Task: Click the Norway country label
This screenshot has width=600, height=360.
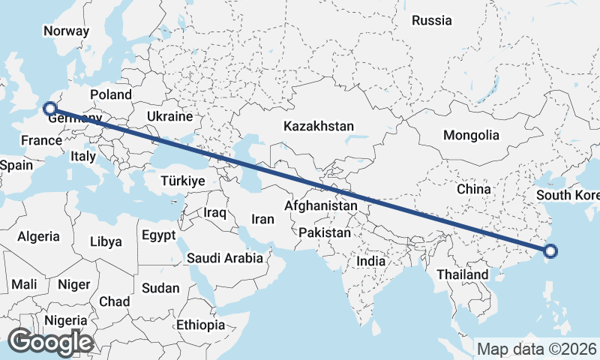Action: [x=66, y=31]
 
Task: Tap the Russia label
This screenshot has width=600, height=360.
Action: [x=432, y=20]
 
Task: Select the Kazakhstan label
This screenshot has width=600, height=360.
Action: [x=318, y=126]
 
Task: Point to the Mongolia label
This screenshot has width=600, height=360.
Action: [x=471, y=135]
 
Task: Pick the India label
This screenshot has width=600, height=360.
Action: [x=370, y=261]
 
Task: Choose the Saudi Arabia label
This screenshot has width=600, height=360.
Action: [x=225, y=258]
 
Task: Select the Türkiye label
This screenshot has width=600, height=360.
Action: [x=183, y=181]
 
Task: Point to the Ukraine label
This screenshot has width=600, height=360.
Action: [x=169, y=117]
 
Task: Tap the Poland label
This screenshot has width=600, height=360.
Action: [x=111, y=94]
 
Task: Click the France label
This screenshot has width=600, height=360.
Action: [x=41, y=140]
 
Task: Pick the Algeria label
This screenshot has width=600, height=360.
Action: [x=38, y=236]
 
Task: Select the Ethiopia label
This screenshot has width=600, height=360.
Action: [x=200, y=325]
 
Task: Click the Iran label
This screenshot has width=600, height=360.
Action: [x=262, y=219]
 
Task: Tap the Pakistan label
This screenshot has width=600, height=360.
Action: [x=324, y=233]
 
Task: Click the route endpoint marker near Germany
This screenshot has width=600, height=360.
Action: [x=51, y=109]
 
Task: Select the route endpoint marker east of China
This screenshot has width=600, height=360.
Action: [x=550, y=252]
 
